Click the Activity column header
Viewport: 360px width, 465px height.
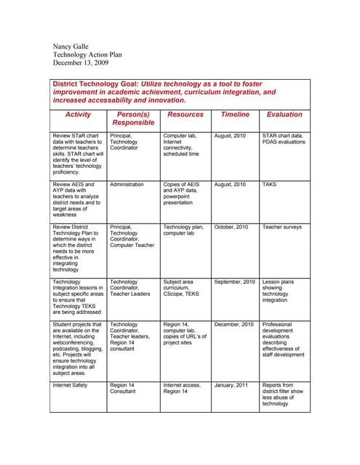click(x=78, y=115)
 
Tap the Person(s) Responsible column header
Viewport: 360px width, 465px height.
click(x=133, y=118)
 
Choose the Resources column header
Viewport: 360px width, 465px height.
click(x=185, y=115)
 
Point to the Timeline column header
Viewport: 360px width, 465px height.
click(x=235, y=115)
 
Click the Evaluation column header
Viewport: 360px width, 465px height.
click(x=284, y=115)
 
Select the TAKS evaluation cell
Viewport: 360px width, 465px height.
click(x=271, y=185)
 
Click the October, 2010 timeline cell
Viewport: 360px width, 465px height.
click(x=232, y=227)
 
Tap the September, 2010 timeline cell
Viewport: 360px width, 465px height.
click(x=235, y=281)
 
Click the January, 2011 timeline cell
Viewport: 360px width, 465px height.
click(x=231, y=385)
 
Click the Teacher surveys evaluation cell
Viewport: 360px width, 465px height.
click(x=281, y=227)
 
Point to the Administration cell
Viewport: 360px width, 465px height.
click(x=127, y=185)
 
